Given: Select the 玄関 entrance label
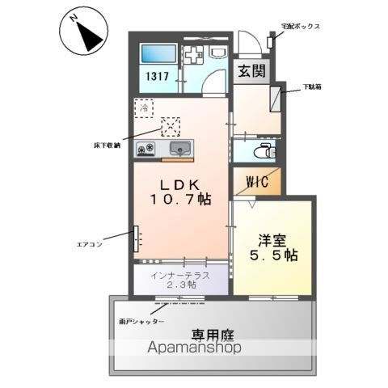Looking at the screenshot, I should pos(250,71).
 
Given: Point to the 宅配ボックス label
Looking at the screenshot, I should pos(301,27).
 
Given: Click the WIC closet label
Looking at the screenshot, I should pos(251,182).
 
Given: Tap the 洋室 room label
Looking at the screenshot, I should pos(272,239).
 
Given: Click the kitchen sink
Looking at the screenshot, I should pos(179,149).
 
